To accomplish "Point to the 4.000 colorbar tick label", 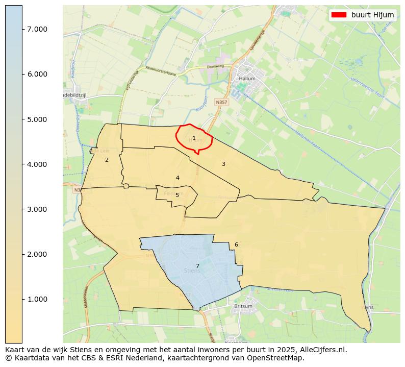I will coord(37,164).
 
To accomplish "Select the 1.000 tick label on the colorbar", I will coord(37,299).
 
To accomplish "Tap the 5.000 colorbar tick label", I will coord(37,119).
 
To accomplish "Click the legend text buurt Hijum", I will coord(372,15).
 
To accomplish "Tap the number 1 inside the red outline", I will coord(194,138).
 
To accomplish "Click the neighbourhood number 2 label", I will coord(107,160).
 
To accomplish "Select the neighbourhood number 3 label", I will coord(223,164).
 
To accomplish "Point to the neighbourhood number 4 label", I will coord(178,178).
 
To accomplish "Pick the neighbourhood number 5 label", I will coord(177,195).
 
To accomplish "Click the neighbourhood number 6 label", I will coord(236,244).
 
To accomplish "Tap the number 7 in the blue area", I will coord(197,266).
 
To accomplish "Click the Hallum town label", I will coord(247,79).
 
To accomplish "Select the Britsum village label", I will coord(243,306).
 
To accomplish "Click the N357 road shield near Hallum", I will coord(221,102).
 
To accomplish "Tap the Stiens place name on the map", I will coord(192,271).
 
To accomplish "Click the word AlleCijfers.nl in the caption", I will coord(323,350).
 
